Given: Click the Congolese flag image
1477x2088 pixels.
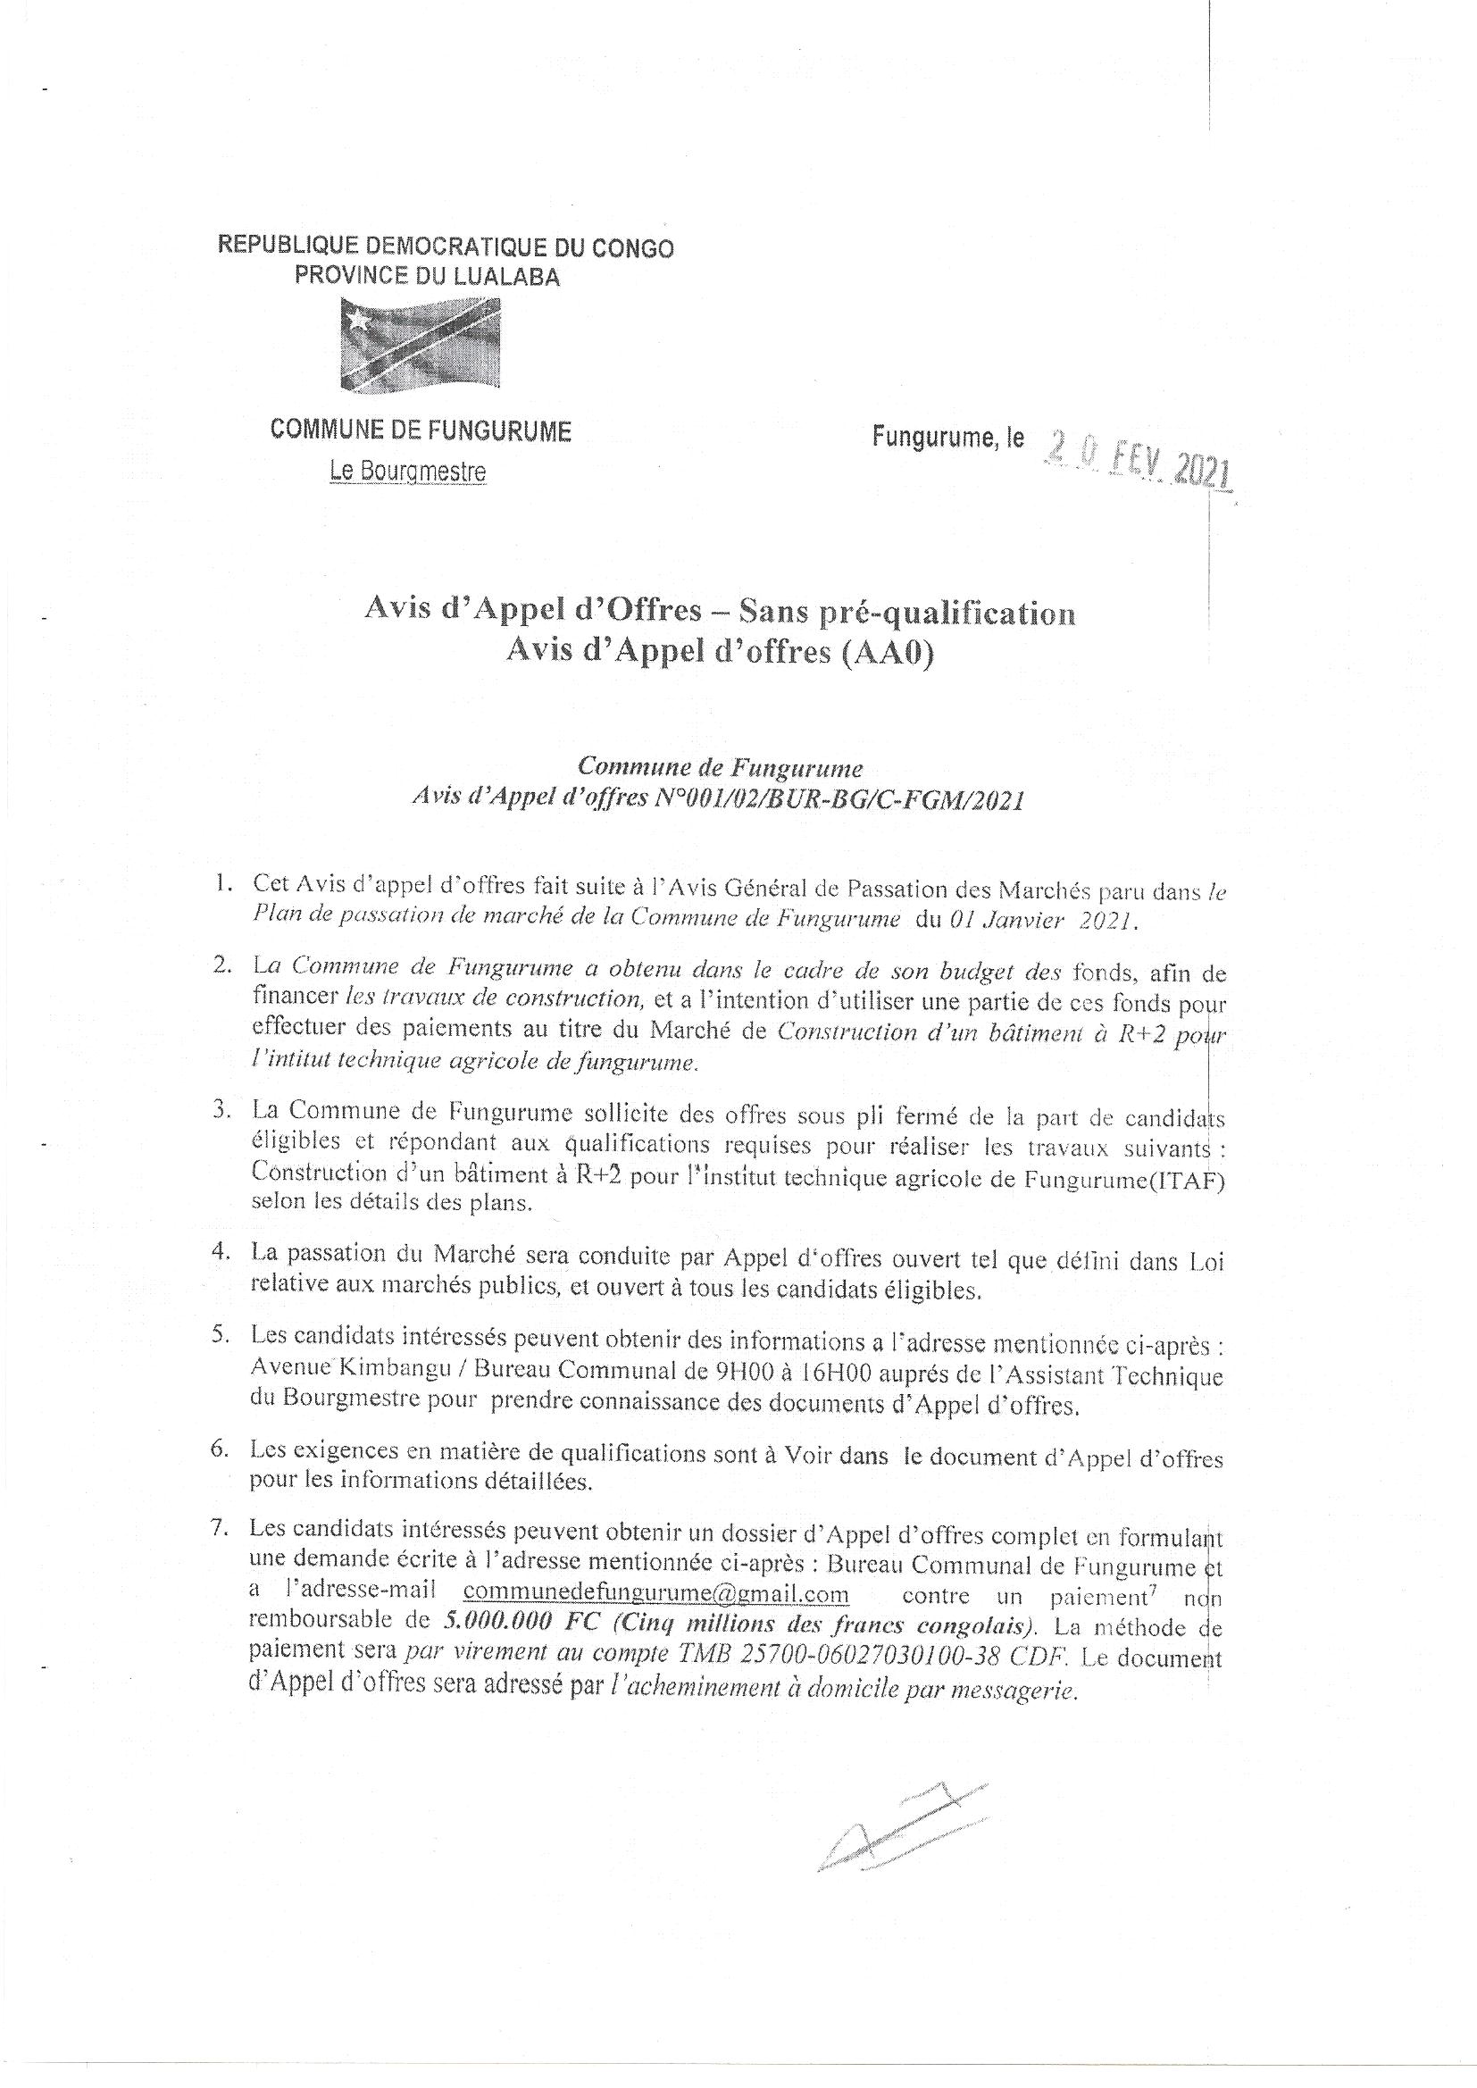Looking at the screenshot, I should point(421,347).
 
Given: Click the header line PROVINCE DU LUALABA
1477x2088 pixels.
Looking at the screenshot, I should point(428,277).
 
